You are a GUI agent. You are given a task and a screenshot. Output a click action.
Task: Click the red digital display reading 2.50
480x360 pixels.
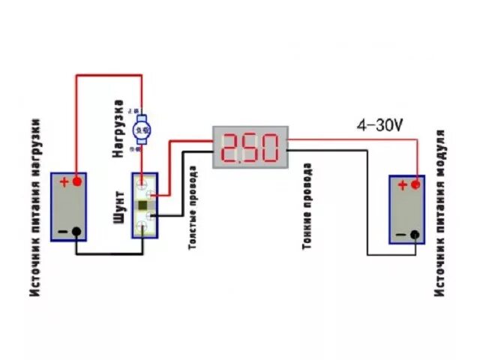251,147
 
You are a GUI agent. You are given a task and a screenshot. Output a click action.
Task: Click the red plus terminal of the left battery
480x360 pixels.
76,181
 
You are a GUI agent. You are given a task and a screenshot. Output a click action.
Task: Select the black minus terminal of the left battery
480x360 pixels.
76,232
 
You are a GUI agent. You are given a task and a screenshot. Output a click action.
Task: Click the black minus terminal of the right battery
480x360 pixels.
414,235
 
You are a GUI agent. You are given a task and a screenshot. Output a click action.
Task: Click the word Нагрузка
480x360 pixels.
118,130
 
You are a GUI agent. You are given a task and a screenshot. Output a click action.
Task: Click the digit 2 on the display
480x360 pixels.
232,148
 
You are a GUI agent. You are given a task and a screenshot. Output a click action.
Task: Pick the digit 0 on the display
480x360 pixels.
270,148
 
